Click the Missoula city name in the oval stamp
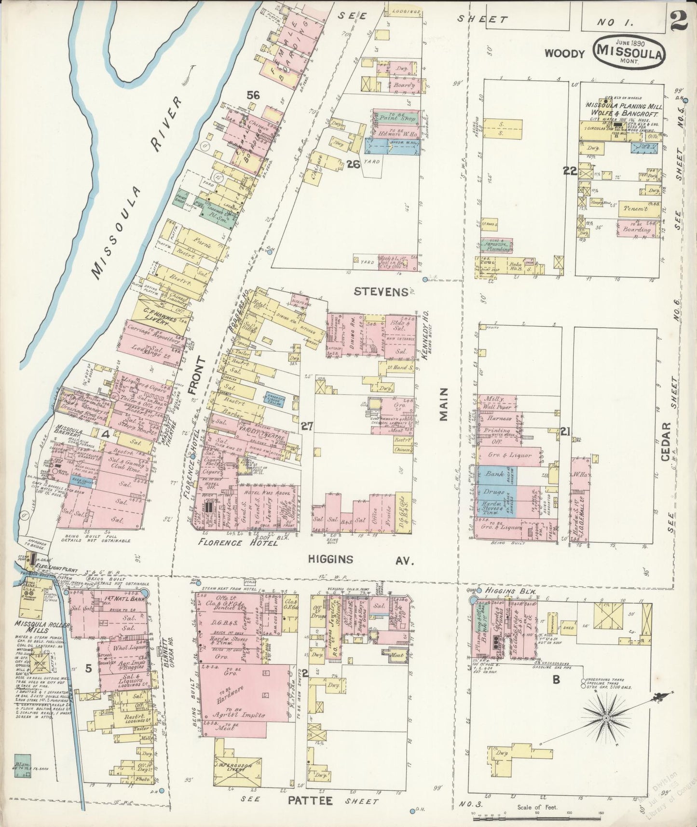click(x=631, y=50)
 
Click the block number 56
click(x=254, y=96)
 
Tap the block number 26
click(x=353, y=164)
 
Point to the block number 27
click(x=307, y=426)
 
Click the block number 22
click(x=570, y=170)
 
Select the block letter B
click(x=556, y=679)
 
